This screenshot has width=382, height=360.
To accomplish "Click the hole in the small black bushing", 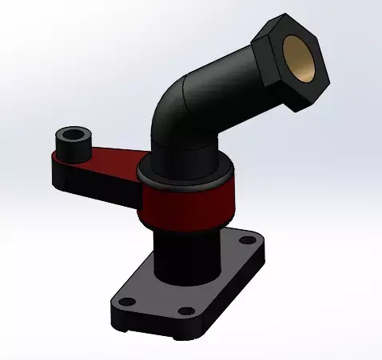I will point(74,133).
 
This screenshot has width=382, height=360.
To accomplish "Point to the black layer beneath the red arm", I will point(96,188).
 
